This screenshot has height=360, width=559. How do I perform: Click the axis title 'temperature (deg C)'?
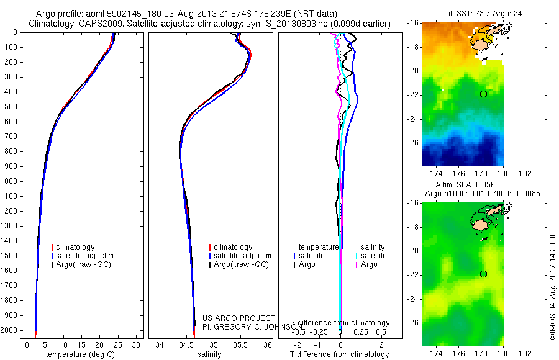(78, 354)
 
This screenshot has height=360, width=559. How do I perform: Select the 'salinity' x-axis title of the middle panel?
(209, 354)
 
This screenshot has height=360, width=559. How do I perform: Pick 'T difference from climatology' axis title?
(340, 354)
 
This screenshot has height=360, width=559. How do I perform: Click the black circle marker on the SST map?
(483, 94)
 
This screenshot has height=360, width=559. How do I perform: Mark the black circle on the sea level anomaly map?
(483, 274)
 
